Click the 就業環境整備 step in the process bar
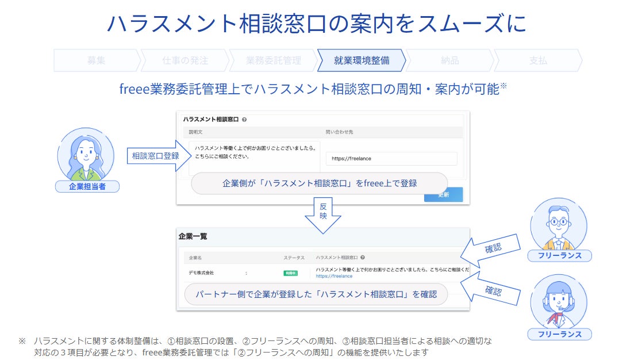[x=362, y=60]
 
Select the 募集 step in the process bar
[x=97, y=60]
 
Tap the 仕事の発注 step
[x=184, y=60]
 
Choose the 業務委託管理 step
[x=273, y=60]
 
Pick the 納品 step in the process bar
[x=449, y=60]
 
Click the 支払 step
[x=538, y=60]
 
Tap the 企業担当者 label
[x=87, y=186]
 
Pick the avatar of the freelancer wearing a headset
[x=559, y=304]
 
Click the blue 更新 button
[x=443, y=194]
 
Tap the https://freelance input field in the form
[x=391, y=159]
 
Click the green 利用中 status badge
[x=291, y=273]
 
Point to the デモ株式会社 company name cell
[x=201, y=273]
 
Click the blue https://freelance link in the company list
[x=334, y=276]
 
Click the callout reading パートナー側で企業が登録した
[x=316, y=294]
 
